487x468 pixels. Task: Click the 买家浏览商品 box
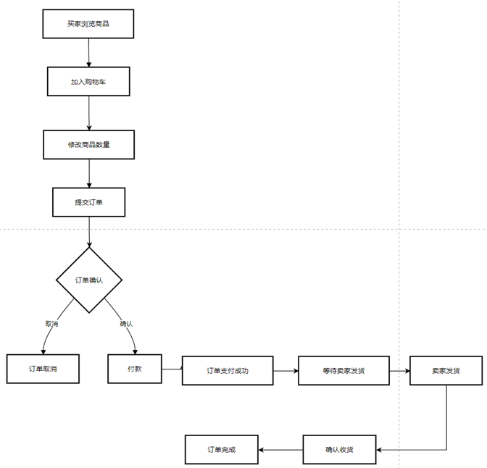88,24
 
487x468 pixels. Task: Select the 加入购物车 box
88,81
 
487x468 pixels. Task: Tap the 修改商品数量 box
88,144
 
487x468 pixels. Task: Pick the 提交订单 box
88,202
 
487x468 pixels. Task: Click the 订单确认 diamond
89,280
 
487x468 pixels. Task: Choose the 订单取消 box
43,369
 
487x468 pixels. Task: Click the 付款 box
135,369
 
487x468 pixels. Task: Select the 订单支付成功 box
228,370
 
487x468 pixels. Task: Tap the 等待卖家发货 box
344,370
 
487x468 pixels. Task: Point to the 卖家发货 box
446,370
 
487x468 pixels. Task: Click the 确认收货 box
339,450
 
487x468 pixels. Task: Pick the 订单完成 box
222,450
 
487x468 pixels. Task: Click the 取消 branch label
51,324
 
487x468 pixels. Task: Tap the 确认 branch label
126,324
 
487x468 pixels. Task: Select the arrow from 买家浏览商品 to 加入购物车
88,52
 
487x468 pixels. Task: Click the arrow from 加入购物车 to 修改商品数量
88,112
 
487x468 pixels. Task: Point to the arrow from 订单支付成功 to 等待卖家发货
286,370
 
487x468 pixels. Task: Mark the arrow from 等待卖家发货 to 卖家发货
399,370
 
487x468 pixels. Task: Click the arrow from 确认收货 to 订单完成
280,450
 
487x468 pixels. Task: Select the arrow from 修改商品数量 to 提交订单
88,173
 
